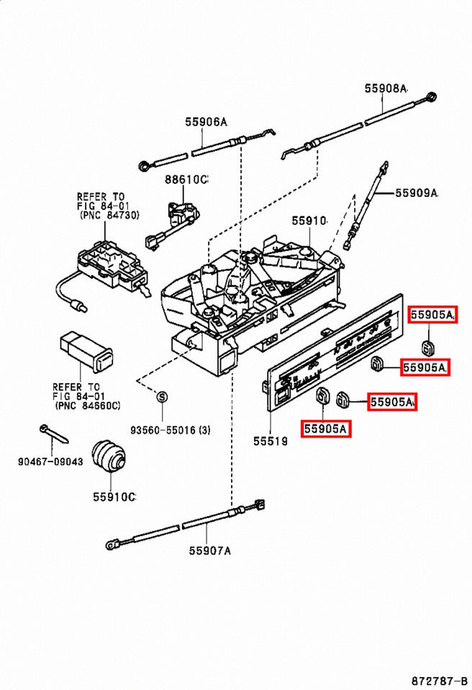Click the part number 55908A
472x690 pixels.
pos(386,88)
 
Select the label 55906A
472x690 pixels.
pos(206,122)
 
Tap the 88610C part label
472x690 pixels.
pos(186,180)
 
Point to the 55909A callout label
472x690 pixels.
pos(417,193)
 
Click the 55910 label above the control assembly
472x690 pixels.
pos(309,221)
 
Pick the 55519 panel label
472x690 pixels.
pos(271,441)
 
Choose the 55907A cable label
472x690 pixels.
pos(210,551)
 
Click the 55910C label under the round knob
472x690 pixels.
pos(114,497)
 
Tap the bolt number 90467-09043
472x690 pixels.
pos(50,461)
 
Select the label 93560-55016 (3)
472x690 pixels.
pos(170,430)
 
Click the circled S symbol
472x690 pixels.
pos(162,397)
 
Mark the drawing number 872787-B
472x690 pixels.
pos(440,681)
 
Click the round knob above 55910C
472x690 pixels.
pos(110,455)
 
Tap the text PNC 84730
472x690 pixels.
pos(110,215)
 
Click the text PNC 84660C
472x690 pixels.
pos(88,405)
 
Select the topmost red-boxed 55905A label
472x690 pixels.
pos(432,315)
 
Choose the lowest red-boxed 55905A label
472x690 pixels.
pos(326,428)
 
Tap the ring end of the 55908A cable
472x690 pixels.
pos(432,97)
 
